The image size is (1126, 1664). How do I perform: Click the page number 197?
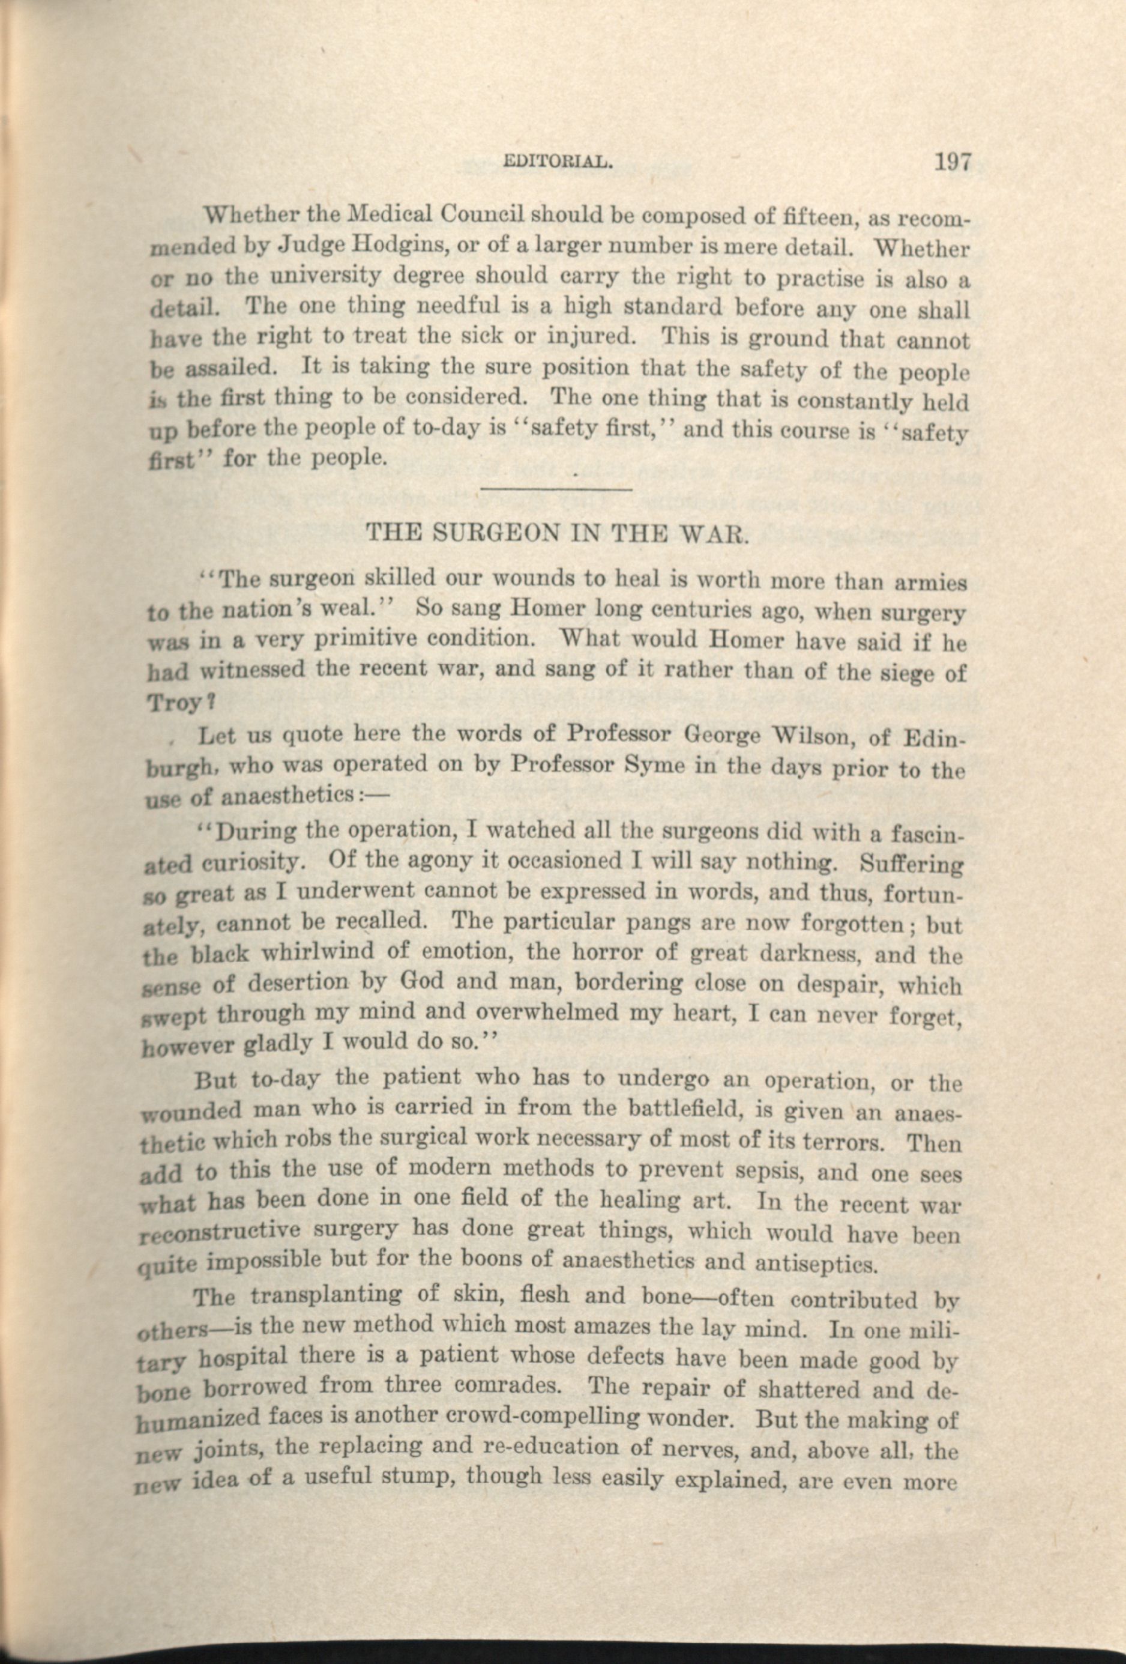pyautogui.click(x=951, y=162)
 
